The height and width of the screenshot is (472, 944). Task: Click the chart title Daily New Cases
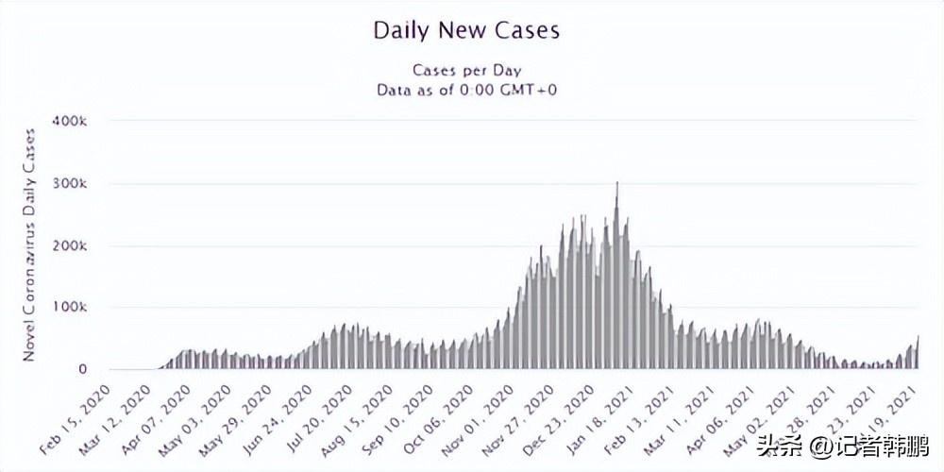pos(466,30)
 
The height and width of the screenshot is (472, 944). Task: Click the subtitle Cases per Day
pos(466,70)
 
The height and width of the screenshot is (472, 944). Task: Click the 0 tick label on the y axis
pos(83,370)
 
